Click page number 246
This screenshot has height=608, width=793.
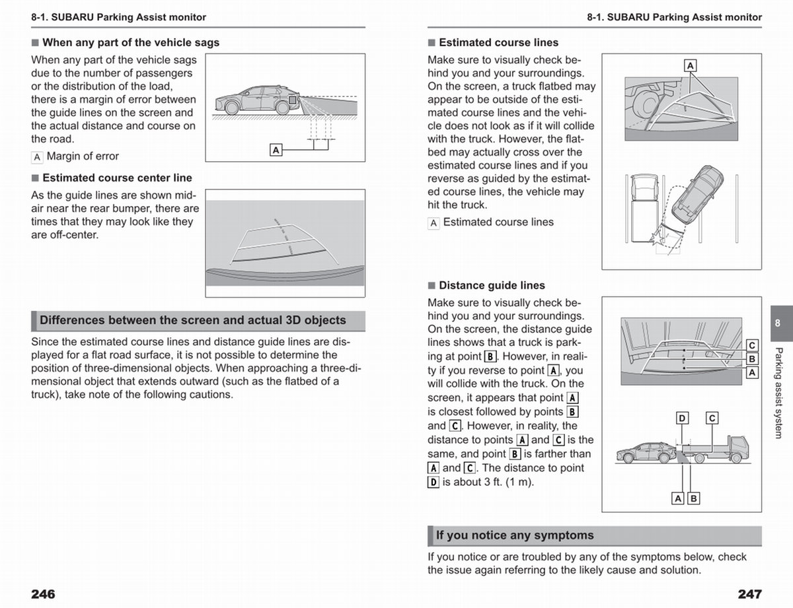[43, 594]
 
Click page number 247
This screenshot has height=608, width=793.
[749, 594]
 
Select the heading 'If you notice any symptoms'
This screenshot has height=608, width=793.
[515, 535]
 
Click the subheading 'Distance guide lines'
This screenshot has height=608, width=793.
[492, 285]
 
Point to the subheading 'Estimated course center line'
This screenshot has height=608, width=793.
[117, 178]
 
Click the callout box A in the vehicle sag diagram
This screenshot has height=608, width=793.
[276, 150]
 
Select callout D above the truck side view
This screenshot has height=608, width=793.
[682, 418]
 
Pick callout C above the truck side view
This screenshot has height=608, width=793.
[712, 418]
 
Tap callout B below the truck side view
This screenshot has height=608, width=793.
[693, 498]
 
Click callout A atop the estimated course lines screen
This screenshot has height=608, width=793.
[690, 65]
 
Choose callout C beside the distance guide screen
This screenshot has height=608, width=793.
[752, 345]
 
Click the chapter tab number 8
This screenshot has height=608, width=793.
[778, 323]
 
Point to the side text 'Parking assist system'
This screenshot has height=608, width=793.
[778, 392]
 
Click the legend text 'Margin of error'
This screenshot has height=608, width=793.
[83, 156]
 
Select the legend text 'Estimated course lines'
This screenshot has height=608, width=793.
[498, 222]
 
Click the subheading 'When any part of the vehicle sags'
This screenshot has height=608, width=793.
[130, 42]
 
